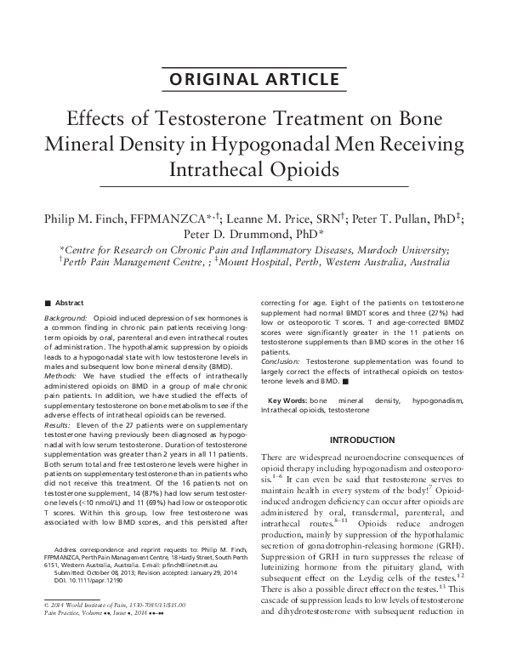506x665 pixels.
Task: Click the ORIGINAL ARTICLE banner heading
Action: [x=253, y=81]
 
